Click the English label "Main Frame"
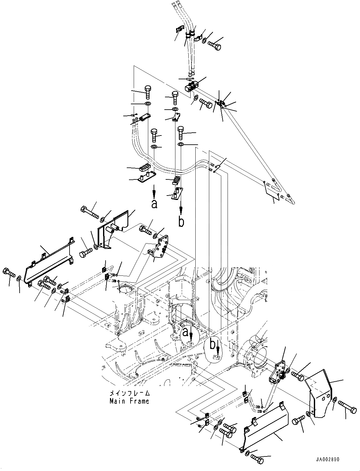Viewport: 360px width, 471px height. (129, 401)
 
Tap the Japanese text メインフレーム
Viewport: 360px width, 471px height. (129, 394)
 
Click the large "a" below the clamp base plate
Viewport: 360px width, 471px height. (154, 204)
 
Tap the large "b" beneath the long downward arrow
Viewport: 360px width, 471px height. (181, 222)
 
